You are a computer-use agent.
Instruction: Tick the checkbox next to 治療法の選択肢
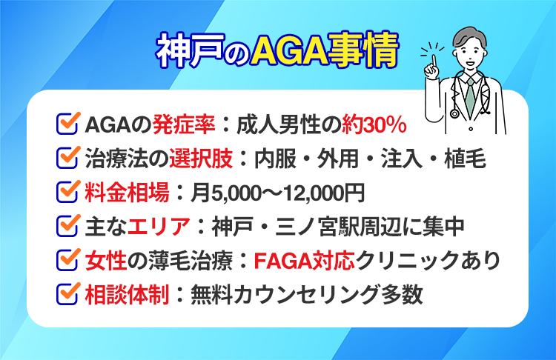pos(68,159)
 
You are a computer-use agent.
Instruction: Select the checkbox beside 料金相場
pos(68,193)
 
